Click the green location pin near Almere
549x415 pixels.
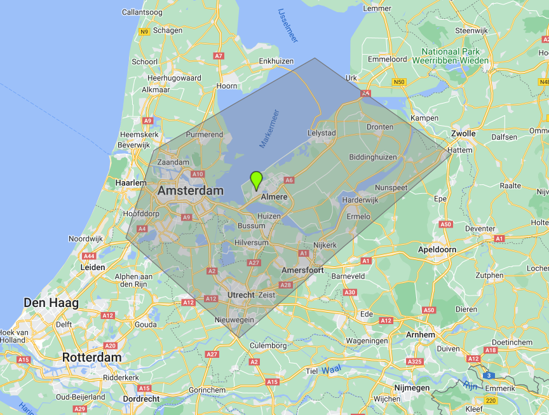(256, 180)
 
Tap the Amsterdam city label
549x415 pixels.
(191, 191)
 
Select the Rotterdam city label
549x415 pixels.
(91, 358)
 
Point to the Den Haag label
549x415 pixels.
(51, 303)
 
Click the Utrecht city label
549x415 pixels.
(241, 295)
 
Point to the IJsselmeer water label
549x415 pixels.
(288, 25)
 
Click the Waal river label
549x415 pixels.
(331, 370)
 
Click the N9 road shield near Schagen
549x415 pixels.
(145, 31)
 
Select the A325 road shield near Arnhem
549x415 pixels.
(414, 362)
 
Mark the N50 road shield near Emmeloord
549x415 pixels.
(399, 82)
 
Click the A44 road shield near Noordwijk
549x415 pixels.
(88, 255)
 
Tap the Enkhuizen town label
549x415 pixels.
(276, 61)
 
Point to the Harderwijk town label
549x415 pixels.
(360, 200)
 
